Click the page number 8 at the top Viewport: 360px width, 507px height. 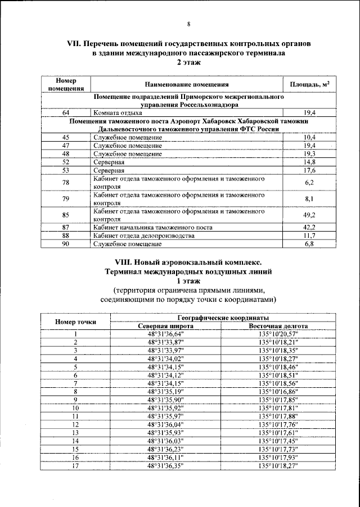[x=188, y=24]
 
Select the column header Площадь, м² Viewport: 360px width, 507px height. [x=309, y=84]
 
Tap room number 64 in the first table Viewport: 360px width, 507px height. [x=66, y=112]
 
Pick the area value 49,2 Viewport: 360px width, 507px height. [x=309, y=215]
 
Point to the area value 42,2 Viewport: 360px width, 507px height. [x=309, y=227]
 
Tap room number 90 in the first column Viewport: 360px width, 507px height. [x=66, y=244]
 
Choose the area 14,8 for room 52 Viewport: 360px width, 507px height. [x=309, y=161]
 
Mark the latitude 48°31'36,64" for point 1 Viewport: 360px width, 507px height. [x=166, y=334]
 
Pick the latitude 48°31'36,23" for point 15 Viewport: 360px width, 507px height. [x=166, y=449]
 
